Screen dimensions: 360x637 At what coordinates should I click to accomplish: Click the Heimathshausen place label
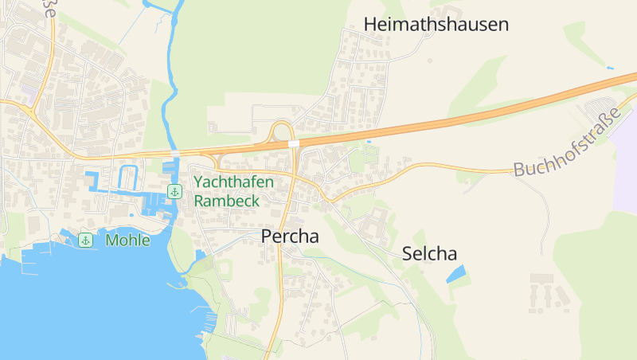coord(436,25)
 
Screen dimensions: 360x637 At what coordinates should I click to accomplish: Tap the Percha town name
coord(290,237)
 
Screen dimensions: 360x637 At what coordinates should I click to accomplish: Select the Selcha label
coord(430,255)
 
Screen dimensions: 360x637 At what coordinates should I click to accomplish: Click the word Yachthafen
coord(233,182)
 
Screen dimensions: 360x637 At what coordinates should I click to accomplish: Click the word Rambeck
coord(226,201)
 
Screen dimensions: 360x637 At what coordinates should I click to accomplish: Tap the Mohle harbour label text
coord(127,240)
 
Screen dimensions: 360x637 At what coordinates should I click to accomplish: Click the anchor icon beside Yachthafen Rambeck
coord(174,191)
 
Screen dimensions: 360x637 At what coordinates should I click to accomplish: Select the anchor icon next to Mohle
coord(85,240)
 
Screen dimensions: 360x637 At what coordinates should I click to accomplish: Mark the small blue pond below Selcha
coord(456,275)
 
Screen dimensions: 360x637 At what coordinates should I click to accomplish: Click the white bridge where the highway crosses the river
coord(174,152)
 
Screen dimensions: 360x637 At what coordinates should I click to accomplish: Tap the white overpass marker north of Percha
coord(294,143)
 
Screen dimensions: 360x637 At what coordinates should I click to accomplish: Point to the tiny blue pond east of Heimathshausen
coord(610,68)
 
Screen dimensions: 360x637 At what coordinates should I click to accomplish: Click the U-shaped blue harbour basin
coord(127,177)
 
